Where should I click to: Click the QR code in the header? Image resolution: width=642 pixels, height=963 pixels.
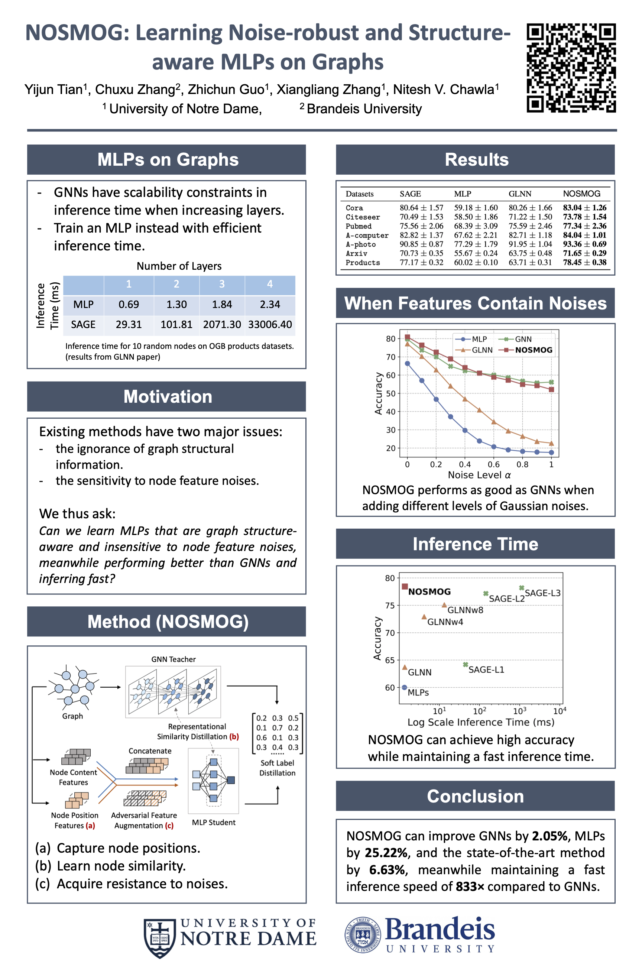571,68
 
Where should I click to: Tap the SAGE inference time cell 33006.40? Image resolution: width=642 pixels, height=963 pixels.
270,325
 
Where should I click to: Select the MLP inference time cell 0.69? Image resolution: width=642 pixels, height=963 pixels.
129,305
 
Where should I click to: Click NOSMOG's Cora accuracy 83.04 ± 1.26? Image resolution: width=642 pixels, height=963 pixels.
584,208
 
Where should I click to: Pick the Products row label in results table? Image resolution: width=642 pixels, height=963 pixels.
362,262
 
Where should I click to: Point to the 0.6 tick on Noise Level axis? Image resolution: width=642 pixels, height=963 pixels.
493,464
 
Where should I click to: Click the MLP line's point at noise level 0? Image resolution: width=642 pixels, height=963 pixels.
408,364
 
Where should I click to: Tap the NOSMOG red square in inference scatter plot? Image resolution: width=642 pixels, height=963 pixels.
405,587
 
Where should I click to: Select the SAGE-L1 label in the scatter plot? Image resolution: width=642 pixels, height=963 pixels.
486,670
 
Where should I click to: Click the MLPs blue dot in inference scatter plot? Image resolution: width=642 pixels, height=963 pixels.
405,687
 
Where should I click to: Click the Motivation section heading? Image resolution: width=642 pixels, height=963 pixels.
168,396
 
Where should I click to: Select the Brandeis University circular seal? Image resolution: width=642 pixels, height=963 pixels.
362,935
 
